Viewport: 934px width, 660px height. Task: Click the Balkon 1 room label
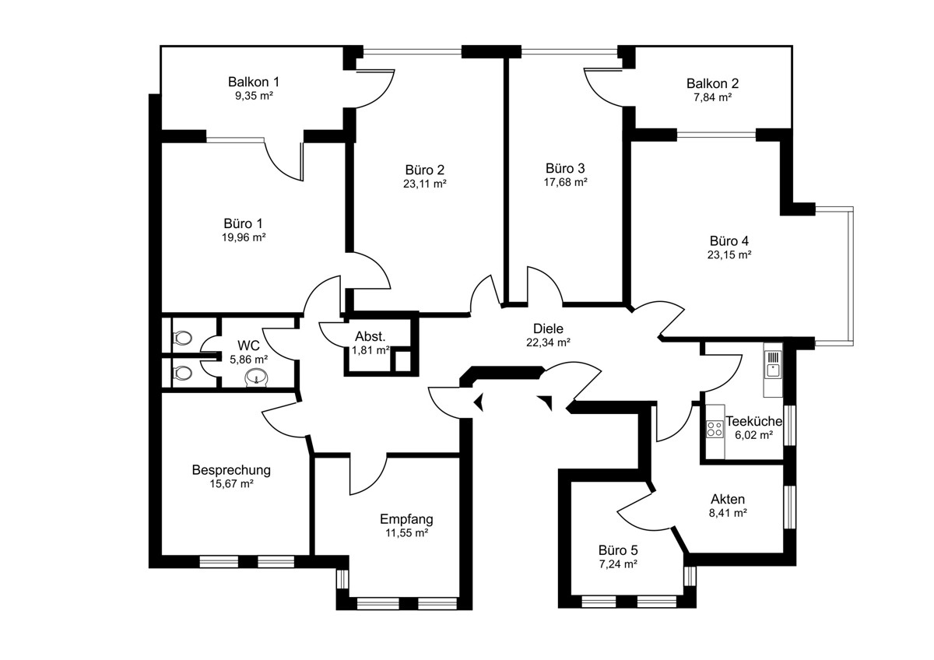[x=254, y=82]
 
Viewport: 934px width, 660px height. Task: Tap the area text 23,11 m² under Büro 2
[x=425, y=184]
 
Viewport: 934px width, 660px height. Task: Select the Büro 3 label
[x=565, y=168]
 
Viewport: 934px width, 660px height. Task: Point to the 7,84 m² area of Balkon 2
[x=713, y=97]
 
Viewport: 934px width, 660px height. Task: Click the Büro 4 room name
[x=729, y=240]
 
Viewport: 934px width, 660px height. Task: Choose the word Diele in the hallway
[x=548, y=328]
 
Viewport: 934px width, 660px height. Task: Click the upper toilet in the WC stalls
[x=182, y=337]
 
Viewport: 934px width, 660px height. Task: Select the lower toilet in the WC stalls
[x=182, y=373]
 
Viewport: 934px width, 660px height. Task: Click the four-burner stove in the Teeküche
[x=715, y=428]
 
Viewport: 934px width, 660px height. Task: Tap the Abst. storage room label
[x=370, y=336]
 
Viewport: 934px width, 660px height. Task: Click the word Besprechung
[x=231, y=470]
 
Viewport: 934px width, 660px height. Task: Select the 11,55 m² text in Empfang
[x=407, y=532]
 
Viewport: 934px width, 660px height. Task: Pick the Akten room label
[x=728, y=499]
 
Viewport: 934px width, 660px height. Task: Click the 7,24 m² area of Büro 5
[x=618, y=563]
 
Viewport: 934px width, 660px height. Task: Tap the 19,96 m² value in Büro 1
[x=244, y=237]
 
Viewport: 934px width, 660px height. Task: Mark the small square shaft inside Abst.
[x=403, y=361]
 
